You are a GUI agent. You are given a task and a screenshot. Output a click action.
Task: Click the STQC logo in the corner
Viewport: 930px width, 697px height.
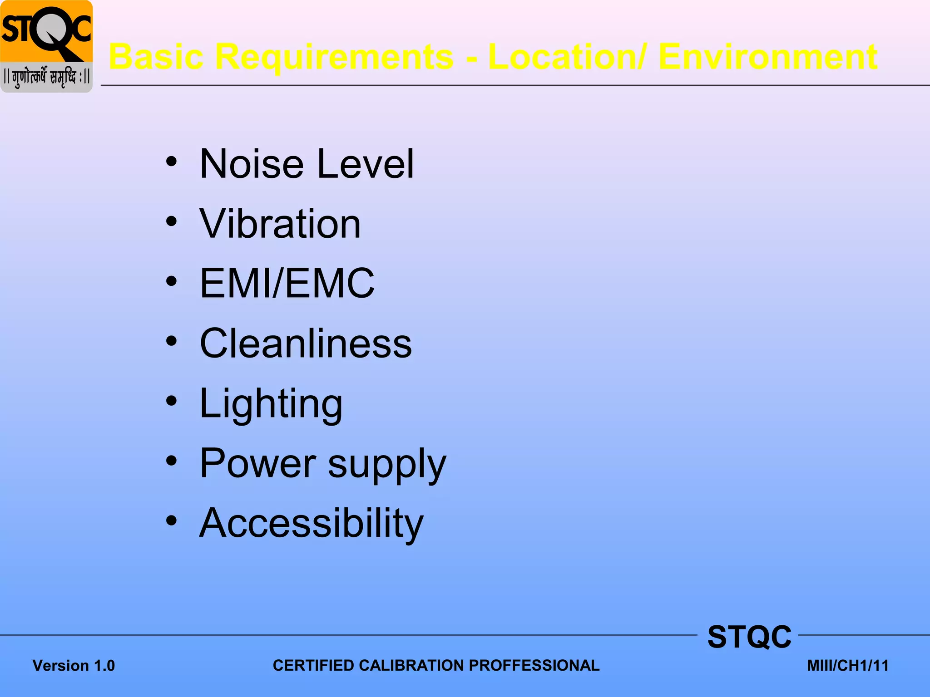pos(46,46)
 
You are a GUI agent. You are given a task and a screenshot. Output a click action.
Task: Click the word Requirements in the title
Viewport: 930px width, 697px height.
pos(334,57)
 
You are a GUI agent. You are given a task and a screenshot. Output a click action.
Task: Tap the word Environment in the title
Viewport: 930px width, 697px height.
pos(767,57)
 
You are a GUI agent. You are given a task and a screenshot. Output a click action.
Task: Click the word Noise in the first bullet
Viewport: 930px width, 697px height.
pos(252,164)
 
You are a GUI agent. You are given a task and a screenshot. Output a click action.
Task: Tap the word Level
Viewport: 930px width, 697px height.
pos(366,164)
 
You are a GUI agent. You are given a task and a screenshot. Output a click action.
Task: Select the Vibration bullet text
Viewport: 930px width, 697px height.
pos(280,224)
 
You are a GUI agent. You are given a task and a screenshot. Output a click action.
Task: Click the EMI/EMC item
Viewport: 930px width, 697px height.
pos(287,283)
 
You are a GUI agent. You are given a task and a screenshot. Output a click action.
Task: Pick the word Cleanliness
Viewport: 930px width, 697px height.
pos(306,344)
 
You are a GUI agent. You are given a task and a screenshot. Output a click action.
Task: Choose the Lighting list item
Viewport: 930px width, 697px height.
pos(271,404)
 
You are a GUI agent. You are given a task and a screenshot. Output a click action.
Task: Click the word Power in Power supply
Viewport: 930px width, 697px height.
pos(257,463)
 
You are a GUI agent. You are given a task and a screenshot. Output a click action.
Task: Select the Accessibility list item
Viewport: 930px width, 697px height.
pos(311,524)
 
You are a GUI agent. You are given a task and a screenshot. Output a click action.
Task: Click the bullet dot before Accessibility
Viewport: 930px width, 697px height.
pos(171,521)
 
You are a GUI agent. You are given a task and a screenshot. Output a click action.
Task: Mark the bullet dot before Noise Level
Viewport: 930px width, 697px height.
pos(171,162)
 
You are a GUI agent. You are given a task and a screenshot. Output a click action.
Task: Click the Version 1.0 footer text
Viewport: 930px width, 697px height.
pos(74,666)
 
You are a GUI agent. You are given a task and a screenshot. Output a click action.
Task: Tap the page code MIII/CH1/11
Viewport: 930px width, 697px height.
pos(847,666)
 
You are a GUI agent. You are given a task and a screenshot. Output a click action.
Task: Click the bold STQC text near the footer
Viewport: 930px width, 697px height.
pos(749,637)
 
